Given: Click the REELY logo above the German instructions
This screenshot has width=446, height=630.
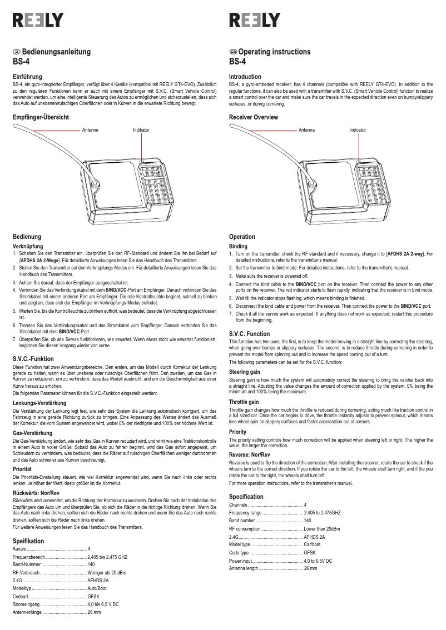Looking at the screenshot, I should click(x=38, y=20).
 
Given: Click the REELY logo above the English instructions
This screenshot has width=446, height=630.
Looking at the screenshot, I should click(x=255, y=20).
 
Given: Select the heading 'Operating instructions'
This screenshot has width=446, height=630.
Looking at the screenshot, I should click(x=274, y=52).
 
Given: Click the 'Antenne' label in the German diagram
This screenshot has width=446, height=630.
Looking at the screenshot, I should click(x=91, y=130).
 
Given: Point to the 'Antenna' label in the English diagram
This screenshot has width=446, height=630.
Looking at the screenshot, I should click(x=306, y=130).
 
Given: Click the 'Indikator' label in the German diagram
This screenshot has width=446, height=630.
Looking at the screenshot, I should click(x=141, y=130).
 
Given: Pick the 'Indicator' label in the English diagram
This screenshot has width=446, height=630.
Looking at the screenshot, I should click(x=358, y=130).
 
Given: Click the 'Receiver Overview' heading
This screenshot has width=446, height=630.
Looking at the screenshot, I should click(x=254, y=117).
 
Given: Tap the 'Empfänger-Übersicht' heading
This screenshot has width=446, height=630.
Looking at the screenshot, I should click(x=41, y=117).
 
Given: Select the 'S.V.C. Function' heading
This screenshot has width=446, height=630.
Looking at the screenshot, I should click(x=249, y=334).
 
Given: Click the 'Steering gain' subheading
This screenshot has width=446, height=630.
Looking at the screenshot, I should click(x=245, y=371).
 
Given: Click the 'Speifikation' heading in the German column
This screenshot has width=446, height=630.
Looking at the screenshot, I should click(x=28, y=541).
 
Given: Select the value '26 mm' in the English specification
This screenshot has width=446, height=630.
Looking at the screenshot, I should click(x=310, y=568).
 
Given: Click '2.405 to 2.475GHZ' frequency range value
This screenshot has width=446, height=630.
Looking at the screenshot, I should click(x=322, y=512).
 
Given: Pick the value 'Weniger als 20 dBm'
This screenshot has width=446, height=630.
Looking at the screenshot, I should click(x=107, y=572).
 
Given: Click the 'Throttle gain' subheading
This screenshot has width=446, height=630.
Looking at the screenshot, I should click(x=244, y=401).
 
